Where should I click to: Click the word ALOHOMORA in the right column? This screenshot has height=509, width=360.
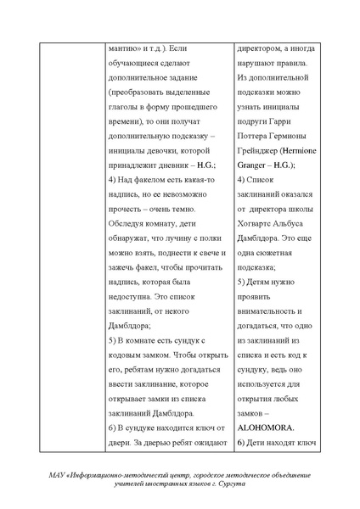pyautogui.click(x=265, y=428)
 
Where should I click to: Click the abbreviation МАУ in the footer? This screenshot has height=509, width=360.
pyautogui.click(x=61, y=473)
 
